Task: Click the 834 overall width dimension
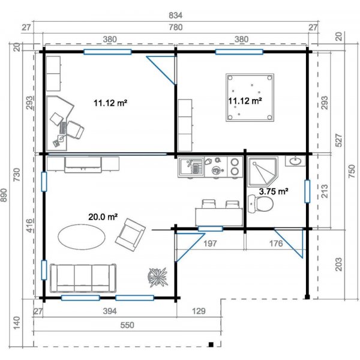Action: point(175,16)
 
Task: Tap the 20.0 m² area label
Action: point(103,217)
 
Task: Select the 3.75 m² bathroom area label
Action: point(274,191)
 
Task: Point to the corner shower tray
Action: point(262,171)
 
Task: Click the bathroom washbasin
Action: point(295,161)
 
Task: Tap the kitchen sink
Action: point(191,166)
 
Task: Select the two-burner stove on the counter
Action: point(235,167)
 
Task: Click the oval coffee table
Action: point(82,237)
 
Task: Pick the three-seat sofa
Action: point(83,278)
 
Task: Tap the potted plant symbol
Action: point(157,277)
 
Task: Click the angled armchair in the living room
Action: point(130,235)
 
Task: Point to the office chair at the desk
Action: point(75,130)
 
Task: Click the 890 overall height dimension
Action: point(4,195)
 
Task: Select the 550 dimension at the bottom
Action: point(127,325)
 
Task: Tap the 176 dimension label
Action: point(276,243)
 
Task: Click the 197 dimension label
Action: point(210,243)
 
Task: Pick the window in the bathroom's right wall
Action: point(307,191)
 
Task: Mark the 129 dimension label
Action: point(199,311)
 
